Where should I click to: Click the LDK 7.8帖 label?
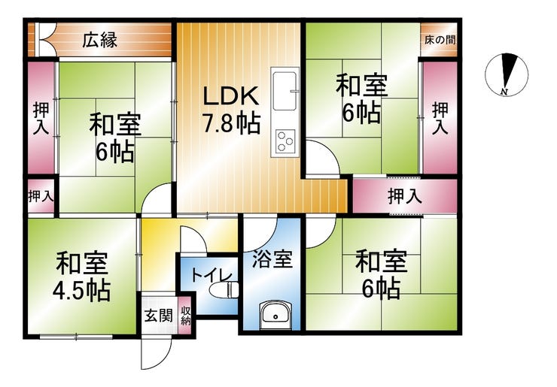tap(232, 109)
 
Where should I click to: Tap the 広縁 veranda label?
tap(99, 40)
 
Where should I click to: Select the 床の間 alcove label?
tap(437, 38)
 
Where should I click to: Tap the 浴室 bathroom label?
tap(271, 260)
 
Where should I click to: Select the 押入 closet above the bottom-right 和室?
tap(404, 198)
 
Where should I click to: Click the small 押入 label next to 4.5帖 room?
tap(41, 197)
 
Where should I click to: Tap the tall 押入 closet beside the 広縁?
tap(41, 118)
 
